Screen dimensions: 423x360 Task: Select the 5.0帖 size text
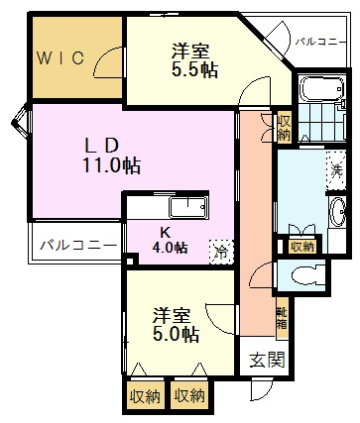(172, 335)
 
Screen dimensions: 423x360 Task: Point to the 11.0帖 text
(110, 165)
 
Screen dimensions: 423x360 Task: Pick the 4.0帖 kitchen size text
(170, 248)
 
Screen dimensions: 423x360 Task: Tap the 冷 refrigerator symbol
(221, 252)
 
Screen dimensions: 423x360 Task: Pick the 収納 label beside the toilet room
(302, 246)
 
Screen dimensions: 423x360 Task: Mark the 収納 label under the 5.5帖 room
(284, 128)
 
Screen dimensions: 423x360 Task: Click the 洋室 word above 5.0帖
(171, 315)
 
